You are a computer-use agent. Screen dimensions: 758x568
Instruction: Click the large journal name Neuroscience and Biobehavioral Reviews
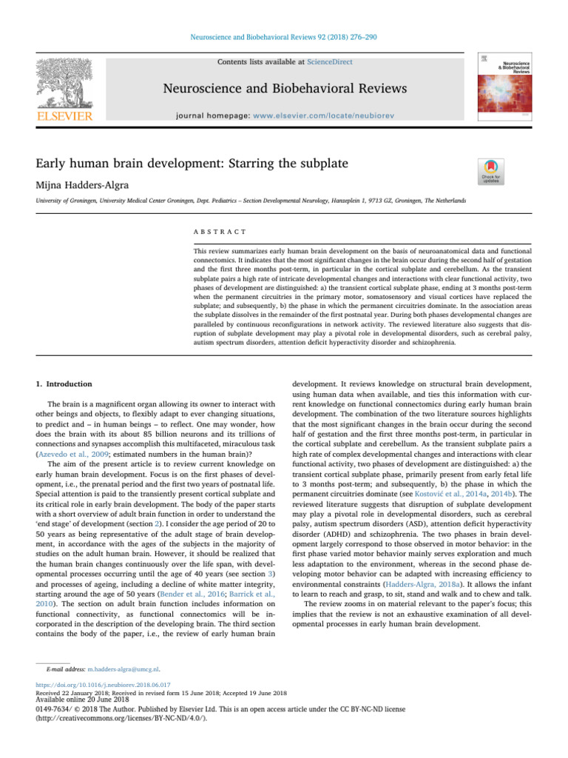click(285, 90)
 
